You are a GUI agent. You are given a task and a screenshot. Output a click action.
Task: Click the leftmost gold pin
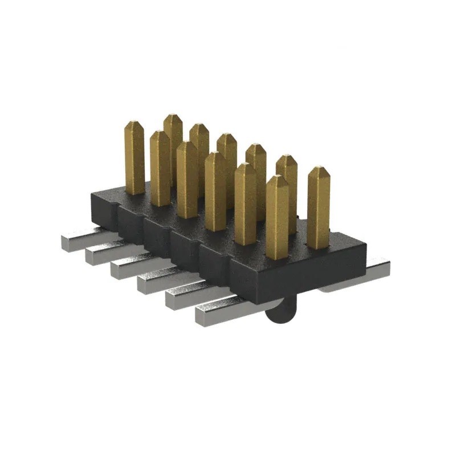point(135,160)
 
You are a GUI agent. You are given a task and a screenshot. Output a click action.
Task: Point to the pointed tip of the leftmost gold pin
point(135,124)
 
